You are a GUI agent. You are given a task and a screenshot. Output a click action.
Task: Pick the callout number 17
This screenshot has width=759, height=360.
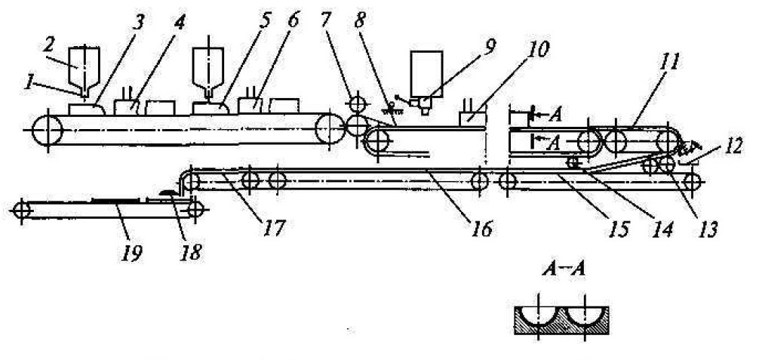point(273,226)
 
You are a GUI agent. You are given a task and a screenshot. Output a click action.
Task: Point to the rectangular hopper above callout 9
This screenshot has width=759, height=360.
point(426,73)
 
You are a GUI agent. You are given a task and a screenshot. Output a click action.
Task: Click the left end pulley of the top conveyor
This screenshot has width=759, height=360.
point(48,130)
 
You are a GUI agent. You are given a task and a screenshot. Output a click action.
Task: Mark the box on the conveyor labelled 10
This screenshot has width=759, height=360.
point(472,119)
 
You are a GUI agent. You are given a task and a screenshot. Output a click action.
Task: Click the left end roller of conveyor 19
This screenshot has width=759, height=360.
point(21,211)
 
